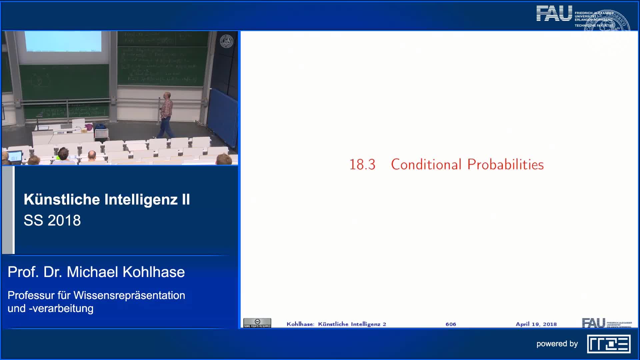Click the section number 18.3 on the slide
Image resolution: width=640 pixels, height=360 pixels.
click(362, 165)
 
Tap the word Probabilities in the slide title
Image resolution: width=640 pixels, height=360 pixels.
click(505, 165)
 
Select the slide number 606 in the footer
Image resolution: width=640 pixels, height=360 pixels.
click(451, 324)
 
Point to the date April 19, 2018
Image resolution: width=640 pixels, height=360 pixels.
click(536, 324)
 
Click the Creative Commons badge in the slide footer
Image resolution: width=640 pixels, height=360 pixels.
click(257, 323)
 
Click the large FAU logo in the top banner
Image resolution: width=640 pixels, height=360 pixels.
click(554, 14)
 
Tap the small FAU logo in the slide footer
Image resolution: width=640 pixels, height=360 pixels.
click(593, 323)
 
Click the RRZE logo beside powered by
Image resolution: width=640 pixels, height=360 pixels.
click(609, 344)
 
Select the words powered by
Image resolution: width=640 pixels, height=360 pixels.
click(557, 344)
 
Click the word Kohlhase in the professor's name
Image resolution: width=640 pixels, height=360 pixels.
click(154, 272)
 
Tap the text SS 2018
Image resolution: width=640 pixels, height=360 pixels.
click(52, 220)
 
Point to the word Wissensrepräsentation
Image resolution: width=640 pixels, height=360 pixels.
click(129, 295)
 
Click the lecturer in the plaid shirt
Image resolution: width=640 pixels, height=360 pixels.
click(166, 113)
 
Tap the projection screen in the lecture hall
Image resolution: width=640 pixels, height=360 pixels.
click(63, 41)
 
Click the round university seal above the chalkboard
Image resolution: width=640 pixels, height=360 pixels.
click(227, 41)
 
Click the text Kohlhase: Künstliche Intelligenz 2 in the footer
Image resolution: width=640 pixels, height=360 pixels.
click(336, 324)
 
